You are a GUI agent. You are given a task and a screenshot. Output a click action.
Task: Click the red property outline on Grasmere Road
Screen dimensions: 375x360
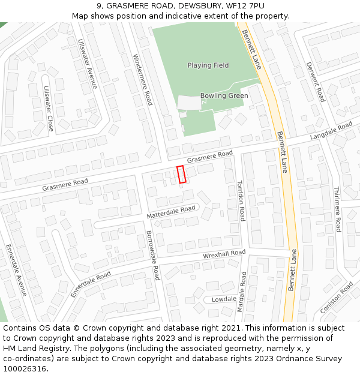click(181, 174)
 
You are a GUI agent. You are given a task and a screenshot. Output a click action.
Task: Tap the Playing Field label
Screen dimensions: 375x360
click(208, 65)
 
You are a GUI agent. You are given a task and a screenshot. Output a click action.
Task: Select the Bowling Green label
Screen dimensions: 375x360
click(224, 96)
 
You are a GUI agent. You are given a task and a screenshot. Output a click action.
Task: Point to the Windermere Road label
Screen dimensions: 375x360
click(142, 80)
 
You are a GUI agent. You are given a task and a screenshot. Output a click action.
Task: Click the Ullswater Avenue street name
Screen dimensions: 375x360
click(88, 64)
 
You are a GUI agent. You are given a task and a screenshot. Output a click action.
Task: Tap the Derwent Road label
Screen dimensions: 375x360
click(315, 82)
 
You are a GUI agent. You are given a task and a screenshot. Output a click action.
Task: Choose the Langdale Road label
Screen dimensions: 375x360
click(331, 131)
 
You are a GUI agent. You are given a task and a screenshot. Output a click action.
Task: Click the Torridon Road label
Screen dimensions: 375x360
click(241, 200)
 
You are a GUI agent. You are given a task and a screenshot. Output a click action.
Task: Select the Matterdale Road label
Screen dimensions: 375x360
click(171, 212)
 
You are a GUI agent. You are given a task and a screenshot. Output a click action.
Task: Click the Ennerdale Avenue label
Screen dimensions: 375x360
click(16, 270)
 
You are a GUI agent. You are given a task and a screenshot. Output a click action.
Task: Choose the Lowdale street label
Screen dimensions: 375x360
click(224, 299)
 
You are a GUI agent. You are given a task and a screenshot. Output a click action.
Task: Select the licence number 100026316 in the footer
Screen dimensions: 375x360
click(24, 368)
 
